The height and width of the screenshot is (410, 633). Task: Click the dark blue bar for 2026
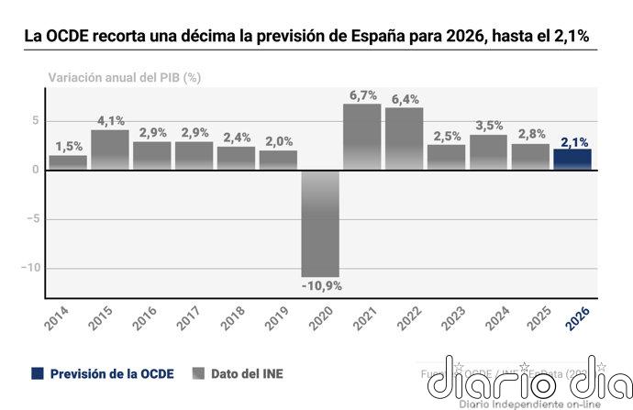pos(572,160)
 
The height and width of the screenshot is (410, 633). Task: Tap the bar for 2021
pos(362,137)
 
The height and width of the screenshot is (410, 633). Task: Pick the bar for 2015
pos(110,150)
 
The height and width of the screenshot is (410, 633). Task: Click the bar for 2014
pos(68,162)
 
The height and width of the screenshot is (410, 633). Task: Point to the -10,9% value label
pos(321,286)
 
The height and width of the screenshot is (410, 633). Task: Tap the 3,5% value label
pos(489,126)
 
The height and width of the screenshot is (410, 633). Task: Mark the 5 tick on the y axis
pos(35,120)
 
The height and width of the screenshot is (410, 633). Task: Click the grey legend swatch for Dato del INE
pos(198,374)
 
